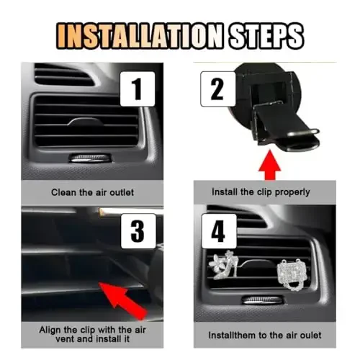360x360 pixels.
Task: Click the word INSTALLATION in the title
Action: [x=140, y=36]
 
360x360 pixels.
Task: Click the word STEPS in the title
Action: [x=266, y=36]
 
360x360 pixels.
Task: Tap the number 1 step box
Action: [x=138, y=89]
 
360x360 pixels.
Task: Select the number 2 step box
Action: [x=218, y=89]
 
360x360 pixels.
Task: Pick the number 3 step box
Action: [x=138, y=231]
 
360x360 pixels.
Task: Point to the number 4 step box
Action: [x=219, y=231]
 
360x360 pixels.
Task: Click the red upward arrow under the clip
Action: [x=270, y=165]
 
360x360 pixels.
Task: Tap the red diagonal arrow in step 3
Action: [x=123, y=300]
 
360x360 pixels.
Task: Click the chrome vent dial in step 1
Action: [x=90, y=158]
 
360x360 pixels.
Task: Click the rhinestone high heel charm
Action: [x=225, y=265]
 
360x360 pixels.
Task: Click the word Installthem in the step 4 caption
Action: [x=232, y=335]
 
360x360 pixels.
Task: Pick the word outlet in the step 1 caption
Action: [x=122, y=192]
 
